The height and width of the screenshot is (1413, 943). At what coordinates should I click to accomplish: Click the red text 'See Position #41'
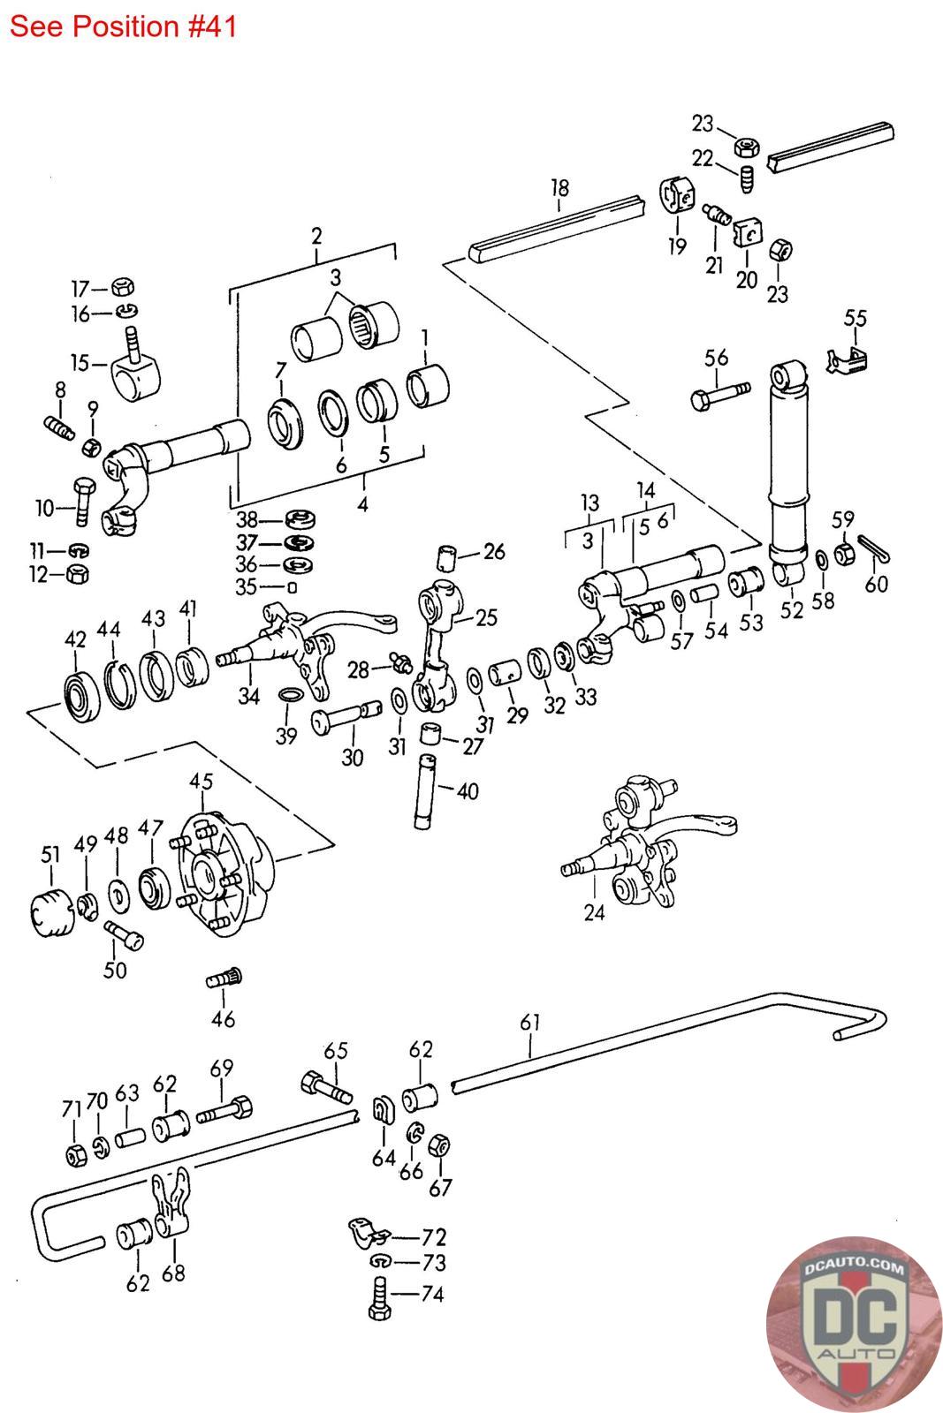[123, 26]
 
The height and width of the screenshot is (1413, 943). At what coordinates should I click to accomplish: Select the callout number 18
[559, 188]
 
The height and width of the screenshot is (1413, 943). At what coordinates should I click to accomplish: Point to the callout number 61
[530, 1023]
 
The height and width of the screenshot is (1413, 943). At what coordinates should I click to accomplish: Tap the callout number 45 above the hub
[202, 782]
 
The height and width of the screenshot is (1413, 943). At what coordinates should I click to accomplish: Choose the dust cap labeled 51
[49, 912]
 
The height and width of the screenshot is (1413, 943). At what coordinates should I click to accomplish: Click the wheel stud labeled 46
[224, 979]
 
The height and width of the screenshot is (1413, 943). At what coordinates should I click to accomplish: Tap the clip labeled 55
[847, 361]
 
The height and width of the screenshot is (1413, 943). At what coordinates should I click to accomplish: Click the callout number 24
[595, 913]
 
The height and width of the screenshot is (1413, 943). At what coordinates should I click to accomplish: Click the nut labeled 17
[123, 287]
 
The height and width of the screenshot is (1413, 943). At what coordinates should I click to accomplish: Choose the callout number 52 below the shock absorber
[792, 610]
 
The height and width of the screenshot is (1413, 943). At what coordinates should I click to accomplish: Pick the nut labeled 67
[439, 1145]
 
